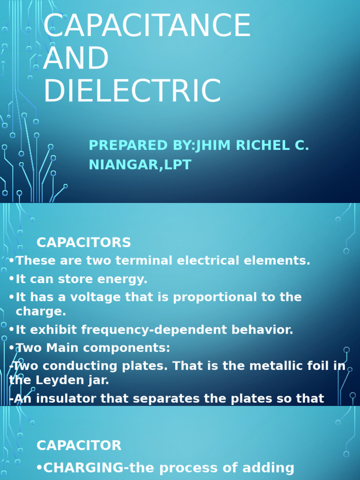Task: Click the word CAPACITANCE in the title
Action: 147,26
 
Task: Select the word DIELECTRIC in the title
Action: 132,90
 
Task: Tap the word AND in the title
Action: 75,58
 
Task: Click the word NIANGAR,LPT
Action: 140,165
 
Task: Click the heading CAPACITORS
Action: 84,242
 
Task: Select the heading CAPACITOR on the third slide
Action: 79,445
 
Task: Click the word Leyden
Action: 52,380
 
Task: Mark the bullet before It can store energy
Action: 12,279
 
